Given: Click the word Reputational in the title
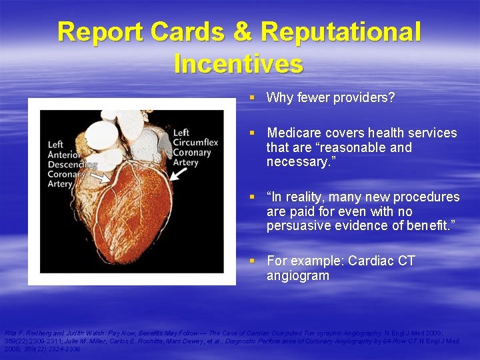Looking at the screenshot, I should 341,32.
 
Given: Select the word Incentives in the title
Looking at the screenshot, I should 238,64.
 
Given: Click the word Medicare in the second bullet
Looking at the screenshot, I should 294,133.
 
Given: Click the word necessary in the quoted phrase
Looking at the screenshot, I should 297,162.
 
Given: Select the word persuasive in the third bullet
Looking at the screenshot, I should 299,226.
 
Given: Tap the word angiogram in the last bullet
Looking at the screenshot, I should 297,275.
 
